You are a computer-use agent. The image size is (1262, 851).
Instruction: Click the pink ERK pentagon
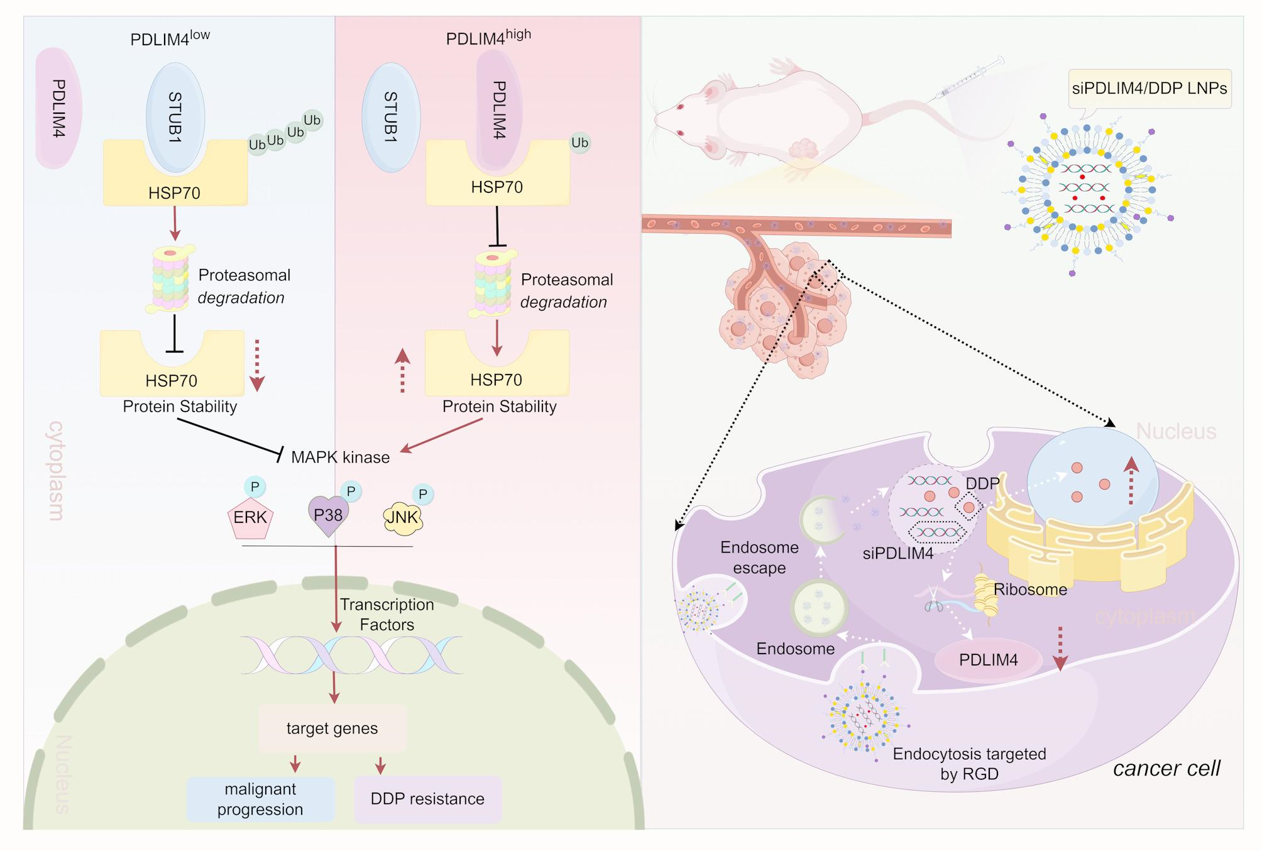(x=250, y=518)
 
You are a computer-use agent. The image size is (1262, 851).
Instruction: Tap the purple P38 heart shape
(x=328, y=515)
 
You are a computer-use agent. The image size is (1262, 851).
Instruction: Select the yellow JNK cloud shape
(x=403, y=518)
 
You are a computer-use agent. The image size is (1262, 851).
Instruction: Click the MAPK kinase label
(x=340, y=457)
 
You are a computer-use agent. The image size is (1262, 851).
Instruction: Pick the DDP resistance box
(x=427, y=799)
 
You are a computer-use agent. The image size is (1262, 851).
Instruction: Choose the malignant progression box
(x=260, y=799)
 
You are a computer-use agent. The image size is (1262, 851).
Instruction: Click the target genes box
(x=332, y=728)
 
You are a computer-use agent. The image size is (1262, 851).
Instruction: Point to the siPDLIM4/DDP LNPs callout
(x=1150, y=89)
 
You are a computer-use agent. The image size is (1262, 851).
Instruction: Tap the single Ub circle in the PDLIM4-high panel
(x=579, y=143)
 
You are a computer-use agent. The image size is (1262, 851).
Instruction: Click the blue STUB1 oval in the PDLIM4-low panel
(x=175, y=118)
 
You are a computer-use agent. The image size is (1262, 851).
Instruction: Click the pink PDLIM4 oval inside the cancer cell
(x=989, y=660)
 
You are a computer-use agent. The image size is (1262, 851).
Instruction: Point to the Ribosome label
(x=1030, y=590)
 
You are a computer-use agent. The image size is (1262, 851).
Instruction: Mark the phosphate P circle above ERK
(x=255, y=486)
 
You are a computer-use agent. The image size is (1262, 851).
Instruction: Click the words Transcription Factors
(x=387, y=615)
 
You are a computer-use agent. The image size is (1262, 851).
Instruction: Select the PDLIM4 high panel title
(x=488, y=38)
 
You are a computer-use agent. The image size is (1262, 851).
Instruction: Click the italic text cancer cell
(x=1166, y=768)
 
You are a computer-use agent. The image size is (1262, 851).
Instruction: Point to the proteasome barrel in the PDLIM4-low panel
(x=170, y=278)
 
